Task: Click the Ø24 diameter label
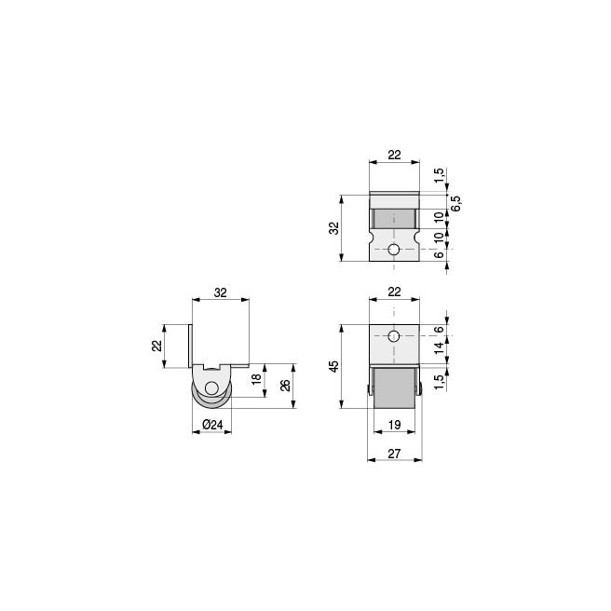tap(213, 426)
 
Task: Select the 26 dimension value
tap(286, 385)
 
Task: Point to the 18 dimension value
tap(256, 379)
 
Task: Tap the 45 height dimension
tap(334, 366)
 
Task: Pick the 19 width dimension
tap(394, 426)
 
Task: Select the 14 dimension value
tap(439, 349)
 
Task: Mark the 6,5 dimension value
tap(456, 202)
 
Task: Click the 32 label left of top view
tap(334, 228)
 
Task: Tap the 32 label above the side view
tap(221, 292)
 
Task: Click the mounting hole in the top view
tap(395, 250)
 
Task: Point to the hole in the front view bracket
tap(393, 335)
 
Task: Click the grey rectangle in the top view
tap(394, 218)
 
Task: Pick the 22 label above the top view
tap(394, 155)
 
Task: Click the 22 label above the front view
tap(394, 292)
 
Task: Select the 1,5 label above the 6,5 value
tap(439, 174)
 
